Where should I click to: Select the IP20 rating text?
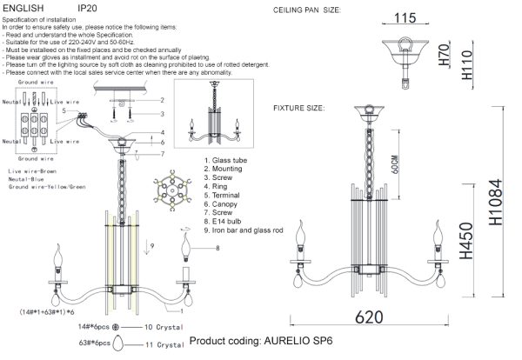(x=87, y=7)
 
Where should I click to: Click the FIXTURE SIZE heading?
(x=299, y=110)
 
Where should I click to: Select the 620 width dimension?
(x=374, y=318)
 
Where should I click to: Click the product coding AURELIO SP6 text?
(x=261, y=342)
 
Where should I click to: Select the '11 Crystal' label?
(x=164, y=345)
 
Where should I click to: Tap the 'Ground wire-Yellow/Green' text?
(x=49, y=187)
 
